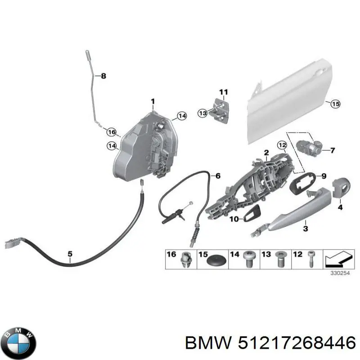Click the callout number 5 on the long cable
pos(70,254)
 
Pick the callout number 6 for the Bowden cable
pos(218,176)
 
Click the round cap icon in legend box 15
pos(215,260)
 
